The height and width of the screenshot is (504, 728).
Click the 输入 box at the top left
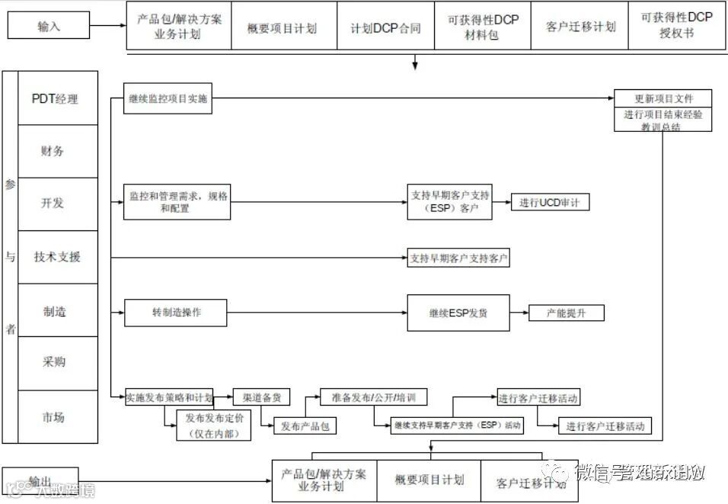[x=49, y=26]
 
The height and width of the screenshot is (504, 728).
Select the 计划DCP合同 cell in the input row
[x=385, y=27]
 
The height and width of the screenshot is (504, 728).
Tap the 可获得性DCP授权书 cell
[x=677, y=26]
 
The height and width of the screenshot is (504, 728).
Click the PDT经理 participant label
[x=55, y=98]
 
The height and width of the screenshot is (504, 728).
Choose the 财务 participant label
[x=53, y=151]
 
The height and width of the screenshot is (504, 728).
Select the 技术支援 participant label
[x=57, y=257]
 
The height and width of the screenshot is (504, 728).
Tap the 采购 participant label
[x=53, y=361]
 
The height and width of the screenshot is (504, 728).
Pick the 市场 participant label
[x=53, y=416]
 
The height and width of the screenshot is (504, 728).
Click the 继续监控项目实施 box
[x=168, y=99]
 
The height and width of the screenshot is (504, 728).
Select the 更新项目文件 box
[x=663, y=99]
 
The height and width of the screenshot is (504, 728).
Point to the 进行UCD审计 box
[x=549, y=202]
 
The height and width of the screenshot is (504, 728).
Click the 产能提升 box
[x=567, y=313]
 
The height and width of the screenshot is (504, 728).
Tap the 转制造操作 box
[x=177, y=312]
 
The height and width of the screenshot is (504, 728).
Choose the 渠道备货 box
[x=261, y=397]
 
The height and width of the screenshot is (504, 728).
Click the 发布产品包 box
[x=305, y=425]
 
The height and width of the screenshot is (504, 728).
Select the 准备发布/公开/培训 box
[x=373, y=397]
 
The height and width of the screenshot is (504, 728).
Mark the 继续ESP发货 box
[x=458, y=313]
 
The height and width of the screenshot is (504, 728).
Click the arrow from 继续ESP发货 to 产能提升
[x=519, y=313]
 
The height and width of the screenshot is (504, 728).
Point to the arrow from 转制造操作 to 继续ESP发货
[x=317, y=312]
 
